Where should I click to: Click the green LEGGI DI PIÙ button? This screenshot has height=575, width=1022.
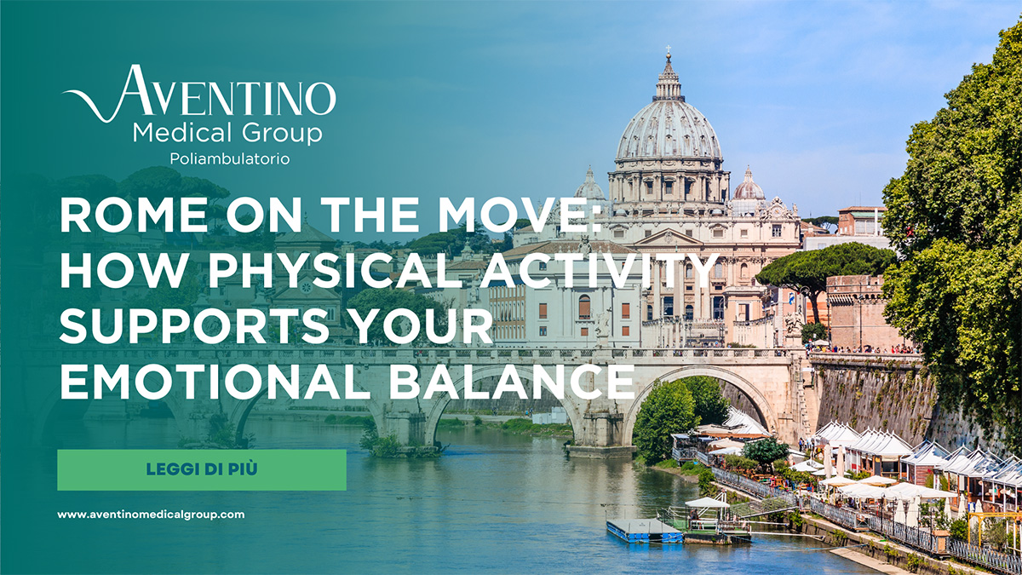tap(202, 469)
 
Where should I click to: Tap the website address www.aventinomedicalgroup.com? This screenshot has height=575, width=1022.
tap(151, 515)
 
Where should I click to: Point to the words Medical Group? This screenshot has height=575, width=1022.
tap(227, 134)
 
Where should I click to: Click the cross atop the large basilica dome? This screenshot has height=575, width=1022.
tap(669, 53)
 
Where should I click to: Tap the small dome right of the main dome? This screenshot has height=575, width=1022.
tap(749, 186)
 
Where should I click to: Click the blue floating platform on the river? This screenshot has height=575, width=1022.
tap(643, 530)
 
